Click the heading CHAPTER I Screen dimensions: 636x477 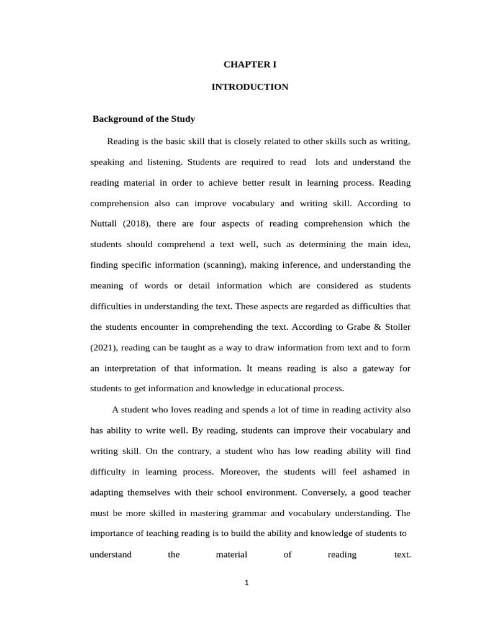(x=250, y=64)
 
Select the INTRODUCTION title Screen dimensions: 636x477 (x=250, y=87)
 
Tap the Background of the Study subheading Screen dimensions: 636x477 (x=143, y=119)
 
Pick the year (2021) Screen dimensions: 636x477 (x=106, y=347)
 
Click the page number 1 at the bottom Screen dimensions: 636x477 (x=247, y=583)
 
